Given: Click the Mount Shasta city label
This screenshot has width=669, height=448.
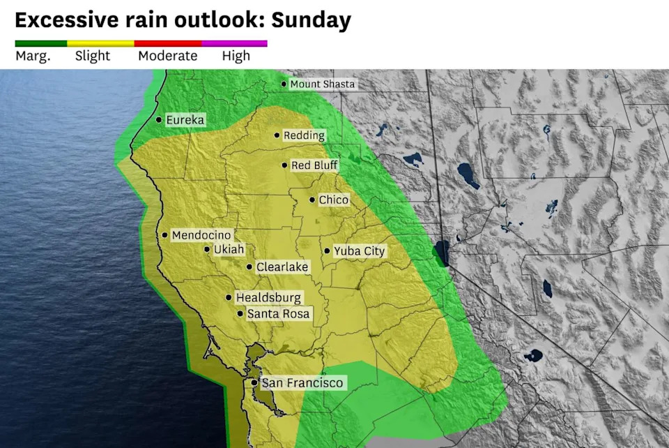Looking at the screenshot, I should point(322,84).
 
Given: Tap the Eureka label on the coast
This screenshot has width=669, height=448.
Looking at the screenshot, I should point(185,120).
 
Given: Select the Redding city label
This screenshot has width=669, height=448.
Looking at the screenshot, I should point(304,135).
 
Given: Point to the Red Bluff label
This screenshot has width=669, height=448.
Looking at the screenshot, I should point(314,165).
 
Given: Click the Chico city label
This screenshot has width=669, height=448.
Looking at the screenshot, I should point(334,200).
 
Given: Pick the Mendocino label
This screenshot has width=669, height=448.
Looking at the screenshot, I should point(201,235).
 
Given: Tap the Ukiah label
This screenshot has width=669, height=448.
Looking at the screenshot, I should point(229,250).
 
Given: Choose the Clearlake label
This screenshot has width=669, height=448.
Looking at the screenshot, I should point(282,267).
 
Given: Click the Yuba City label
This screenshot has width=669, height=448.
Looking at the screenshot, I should point(359,251).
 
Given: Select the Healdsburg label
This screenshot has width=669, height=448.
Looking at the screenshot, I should point(268,298).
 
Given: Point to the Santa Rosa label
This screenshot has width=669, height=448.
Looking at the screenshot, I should point(278,314).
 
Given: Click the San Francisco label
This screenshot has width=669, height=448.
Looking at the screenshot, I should point(302,383).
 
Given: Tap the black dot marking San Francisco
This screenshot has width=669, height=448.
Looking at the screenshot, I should point(254,383).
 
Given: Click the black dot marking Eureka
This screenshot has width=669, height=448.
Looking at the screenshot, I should point(160,120).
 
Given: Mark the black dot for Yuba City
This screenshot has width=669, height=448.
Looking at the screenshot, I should point(327,251).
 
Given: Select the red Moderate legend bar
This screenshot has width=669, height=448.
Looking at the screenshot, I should point(167,43).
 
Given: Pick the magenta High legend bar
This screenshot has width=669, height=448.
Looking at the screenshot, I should point(234,43).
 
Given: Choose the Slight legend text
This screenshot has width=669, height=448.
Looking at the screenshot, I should point(93,57).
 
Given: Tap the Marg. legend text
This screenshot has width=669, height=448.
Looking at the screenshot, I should point(33,57).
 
